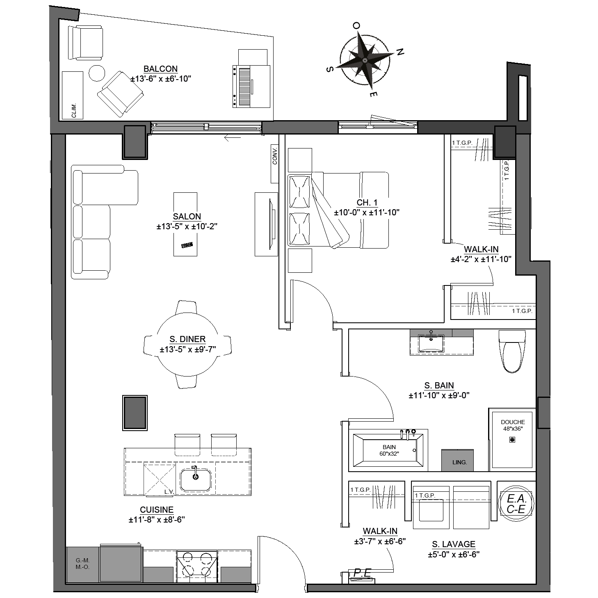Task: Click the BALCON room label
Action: point(160,69)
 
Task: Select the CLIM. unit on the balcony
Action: point(73,95)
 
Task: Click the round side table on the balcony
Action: point(97,73)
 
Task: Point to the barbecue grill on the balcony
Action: point(251,86)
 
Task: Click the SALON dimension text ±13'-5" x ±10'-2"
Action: point(187,226)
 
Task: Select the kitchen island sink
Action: point(196,480)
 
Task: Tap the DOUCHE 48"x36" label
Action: point(513,425)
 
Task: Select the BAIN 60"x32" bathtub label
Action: point(389,450)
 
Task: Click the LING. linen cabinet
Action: point(457,460)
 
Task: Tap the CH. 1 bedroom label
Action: point(367,203)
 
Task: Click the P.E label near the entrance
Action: point(362,573)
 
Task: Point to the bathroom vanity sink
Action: point(431,343)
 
